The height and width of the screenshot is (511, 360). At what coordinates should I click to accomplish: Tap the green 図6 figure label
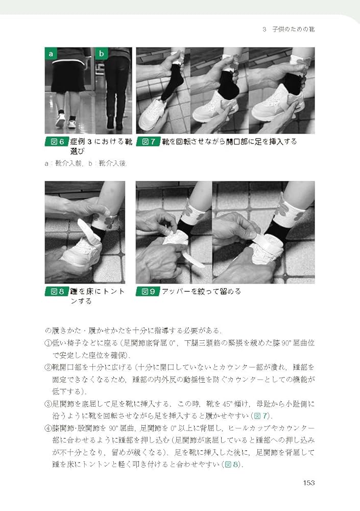click(56, 142)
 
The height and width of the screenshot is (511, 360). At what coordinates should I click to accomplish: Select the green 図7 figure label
click(148, 142)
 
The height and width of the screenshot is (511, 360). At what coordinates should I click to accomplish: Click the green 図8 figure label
click(56, 292)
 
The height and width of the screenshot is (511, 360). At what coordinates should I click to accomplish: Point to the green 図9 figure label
click(148, 292)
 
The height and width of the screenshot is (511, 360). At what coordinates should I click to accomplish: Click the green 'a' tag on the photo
click(51, 54)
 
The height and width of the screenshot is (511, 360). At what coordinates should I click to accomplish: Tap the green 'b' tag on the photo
click(102, 54)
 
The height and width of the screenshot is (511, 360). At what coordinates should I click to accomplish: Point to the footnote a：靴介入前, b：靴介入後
click(89, 163)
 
